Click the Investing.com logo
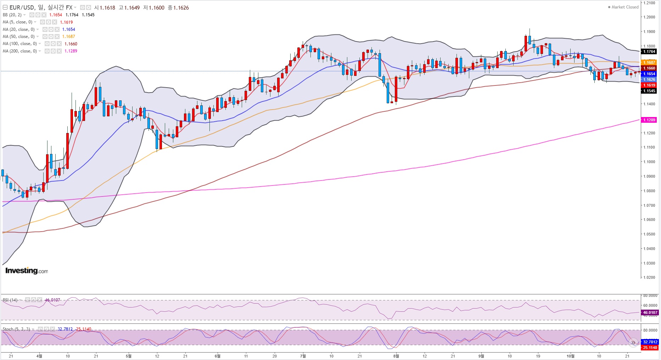click(x=27, y=271)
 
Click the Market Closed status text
click(x=625, y=7)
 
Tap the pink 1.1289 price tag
click(x=649, y=120)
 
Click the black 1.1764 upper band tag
click(x=649, y=51)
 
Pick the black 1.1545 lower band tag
click(x=649, y=91)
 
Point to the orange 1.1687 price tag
click(x=649, y=62)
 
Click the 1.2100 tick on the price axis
click(x=649, y=3)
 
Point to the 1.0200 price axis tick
click(x=649, y=277)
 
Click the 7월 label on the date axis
click(x=303, y=356)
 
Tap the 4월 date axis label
click(x=39, y=356)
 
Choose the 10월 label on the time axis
click(x=570, y=356)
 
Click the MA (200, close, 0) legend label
click(x=20, y=51)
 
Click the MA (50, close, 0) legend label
click(x=19, y=37)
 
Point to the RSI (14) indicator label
click(x=10, y=300)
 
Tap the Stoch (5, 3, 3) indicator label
click(x=16, y=329)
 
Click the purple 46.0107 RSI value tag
click(x=650, y=312)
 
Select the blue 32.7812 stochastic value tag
click(x=650, y=342)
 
